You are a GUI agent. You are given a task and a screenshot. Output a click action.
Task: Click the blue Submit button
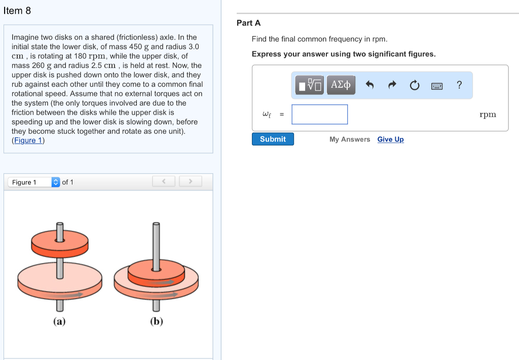tap(273, 139)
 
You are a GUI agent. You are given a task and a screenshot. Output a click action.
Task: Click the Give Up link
tap(390, 139)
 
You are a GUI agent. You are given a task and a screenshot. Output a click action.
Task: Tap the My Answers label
tap(350, 139)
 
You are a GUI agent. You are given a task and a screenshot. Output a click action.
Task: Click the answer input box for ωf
tap(320, 115)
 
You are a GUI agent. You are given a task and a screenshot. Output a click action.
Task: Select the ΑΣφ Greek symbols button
tap(341, 85)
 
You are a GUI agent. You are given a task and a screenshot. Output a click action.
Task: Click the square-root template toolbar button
tap(310, 85)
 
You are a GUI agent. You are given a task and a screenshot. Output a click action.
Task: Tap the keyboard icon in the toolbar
tap(437, 86)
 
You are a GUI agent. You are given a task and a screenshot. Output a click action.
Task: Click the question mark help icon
tap(459, 85)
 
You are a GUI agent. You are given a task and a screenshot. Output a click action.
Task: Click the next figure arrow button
tap(190, 182)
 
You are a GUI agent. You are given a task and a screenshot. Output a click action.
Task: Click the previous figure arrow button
tap(164, 182)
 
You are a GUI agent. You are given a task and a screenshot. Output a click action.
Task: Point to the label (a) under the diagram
tap(59, 321)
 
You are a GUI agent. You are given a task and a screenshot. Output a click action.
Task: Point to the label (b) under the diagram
tap(156, 321)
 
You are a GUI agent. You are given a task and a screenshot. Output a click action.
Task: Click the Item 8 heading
tap(17, 11)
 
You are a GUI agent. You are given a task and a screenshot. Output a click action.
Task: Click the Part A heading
tap(248, 23)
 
